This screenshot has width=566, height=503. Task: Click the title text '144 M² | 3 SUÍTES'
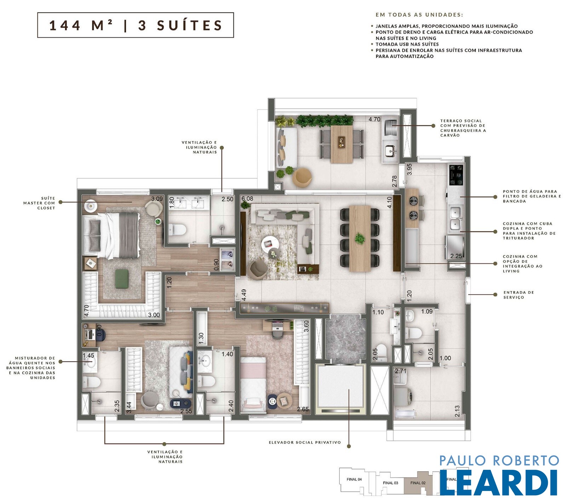(135, 25)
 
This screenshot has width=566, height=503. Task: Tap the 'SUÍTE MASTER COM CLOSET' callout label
(39, 203)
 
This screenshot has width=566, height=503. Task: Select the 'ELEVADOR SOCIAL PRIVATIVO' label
(305, 442)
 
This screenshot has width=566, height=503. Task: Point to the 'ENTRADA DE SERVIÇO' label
(519, 295)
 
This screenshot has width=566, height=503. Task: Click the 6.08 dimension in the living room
(247, 199)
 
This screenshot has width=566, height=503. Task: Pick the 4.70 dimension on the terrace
(374, 119)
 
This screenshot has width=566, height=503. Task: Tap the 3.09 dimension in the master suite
(157, 199)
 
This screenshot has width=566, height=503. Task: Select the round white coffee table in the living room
(270, 243)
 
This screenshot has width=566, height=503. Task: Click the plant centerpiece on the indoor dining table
(359, 238)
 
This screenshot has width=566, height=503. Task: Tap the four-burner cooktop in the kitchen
(456, 175)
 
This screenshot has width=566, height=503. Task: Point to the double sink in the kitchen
(455, 219)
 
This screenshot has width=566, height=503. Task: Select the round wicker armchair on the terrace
(302, 177)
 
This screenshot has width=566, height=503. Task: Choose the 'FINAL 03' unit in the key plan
(390, 483)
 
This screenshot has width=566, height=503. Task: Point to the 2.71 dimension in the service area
(401, 371)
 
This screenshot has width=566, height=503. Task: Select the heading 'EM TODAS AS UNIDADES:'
(419, 15)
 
